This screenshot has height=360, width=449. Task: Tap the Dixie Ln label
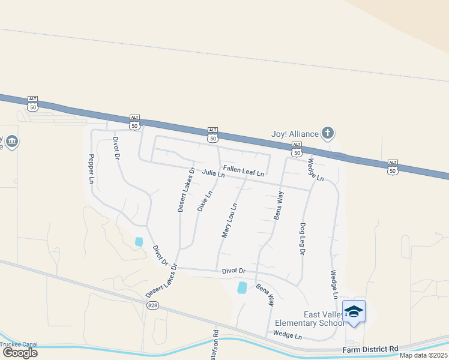pos(205,202)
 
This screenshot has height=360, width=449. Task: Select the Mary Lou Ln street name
pos(229,220)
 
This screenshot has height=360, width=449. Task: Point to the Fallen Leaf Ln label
pos(243,172)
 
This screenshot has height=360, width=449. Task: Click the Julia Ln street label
pos(213,173)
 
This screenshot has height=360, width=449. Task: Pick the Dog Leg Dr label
pos(302,237)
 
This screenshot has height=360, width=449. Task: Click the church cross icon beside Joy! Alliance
pos(327,133)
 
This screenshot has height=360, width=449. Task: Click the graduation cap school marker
pos(354,311)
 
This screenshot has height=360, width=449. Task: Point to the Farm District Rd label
pos(370,349)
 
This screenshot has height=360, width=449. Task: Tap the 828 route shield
pos(153,305)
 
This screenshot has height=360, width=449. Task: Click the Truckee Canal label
pos(19,344)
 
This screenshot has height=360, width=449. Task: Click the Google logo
pos(20,353)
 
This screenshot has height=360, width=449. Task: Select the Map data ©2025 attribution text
pos(423,355)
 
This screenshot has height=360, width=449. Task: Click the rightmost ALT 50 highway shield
pos(393,167)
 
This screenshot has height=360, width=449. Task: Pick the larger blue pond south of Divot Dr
pos(243,287)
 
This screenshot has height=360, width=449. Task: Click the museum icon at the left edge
pos(11,142)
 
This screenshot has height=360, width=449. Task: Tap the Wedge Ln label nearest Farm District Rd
pos(287,334)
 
